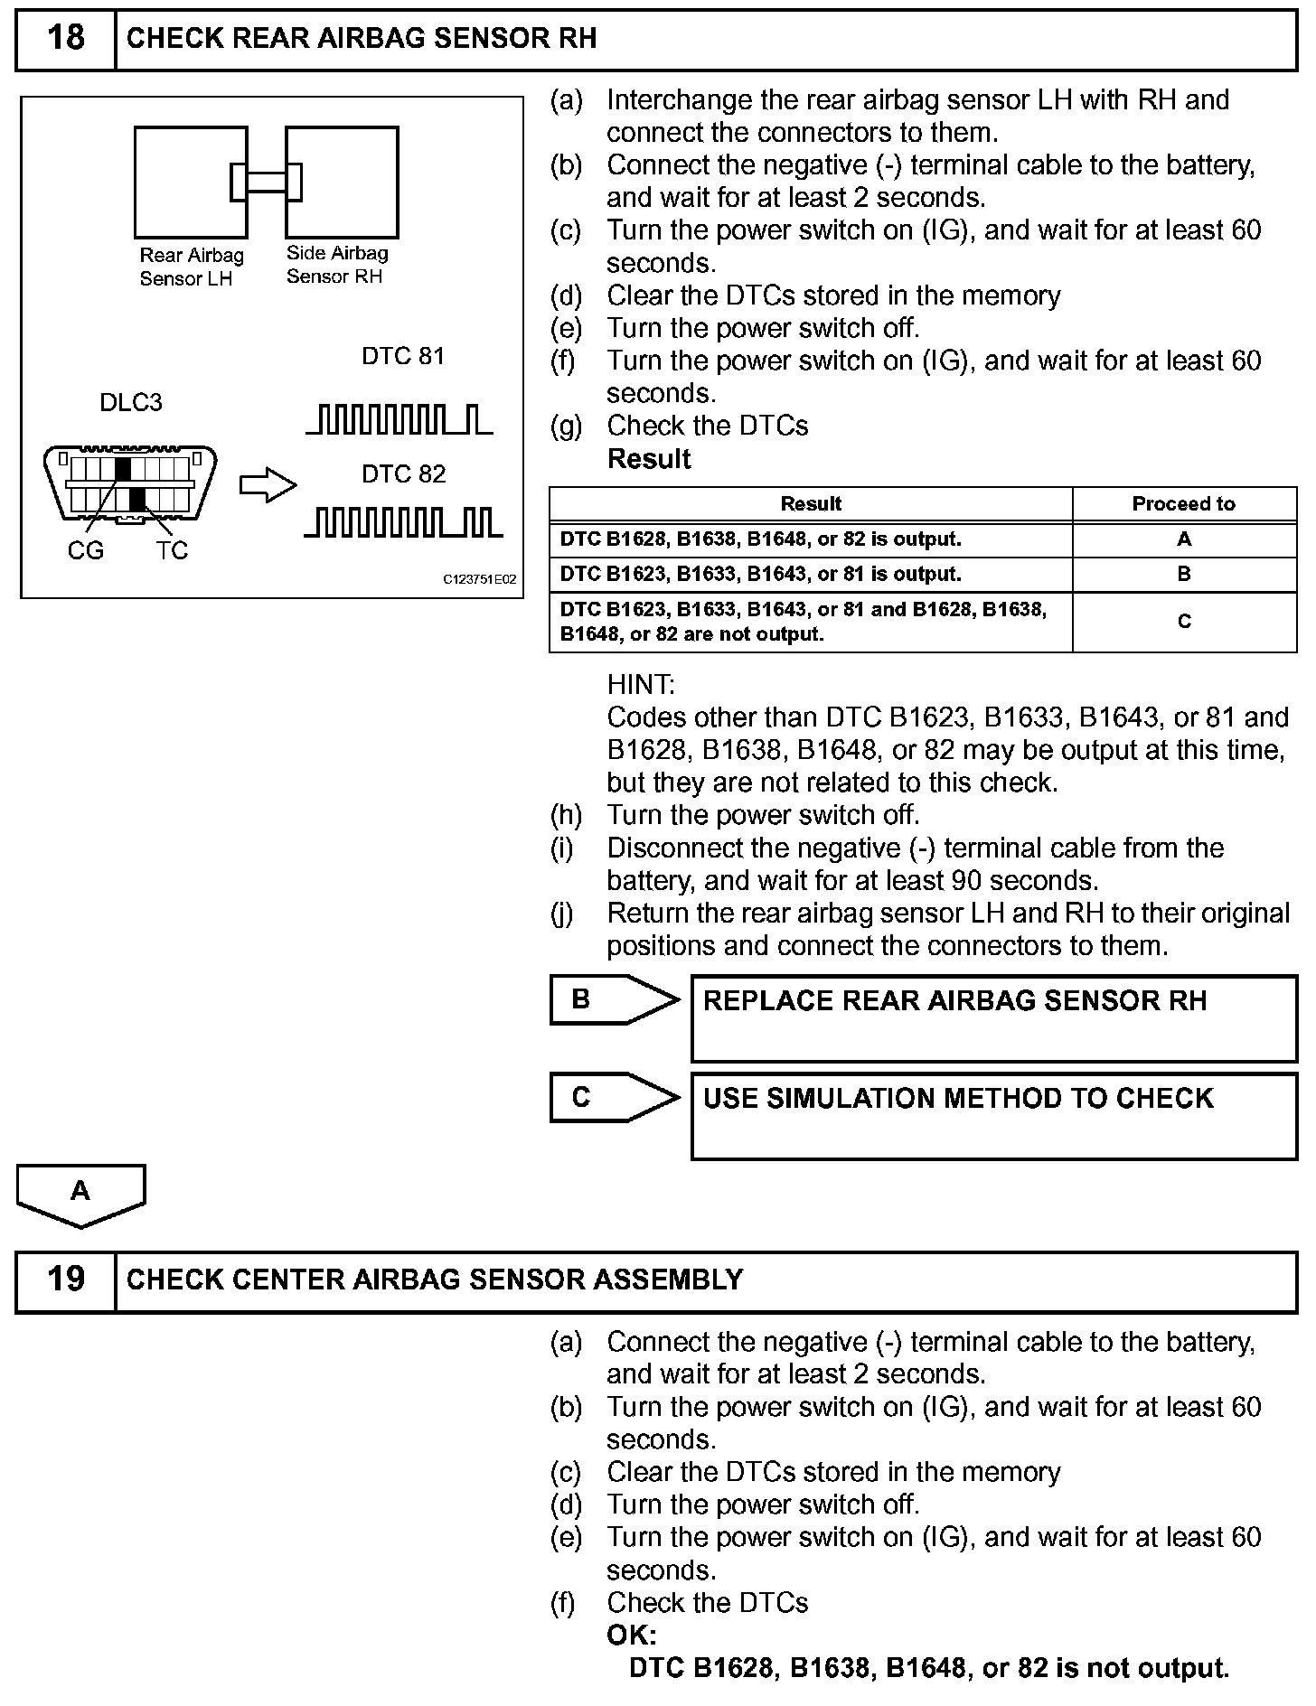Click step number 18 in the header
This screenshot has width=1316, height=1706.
pyautogui.click(x=65, y=38)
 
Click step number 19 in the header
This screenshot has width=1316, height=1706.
pyautogui.click(x=65, y=1279)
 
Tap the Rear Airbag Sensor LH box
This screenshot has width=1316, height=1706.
pyautogui.click(x=190, y=181)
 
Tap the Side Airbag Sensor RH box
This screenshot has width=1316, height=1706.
pyautogui.click(x=343, y=181)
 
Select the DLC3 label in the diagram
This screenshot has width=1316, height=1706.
pyautogui.click(x=131, y=402)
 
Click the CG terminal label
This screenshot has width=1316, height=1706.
pyautogui.click(x=86, y=550)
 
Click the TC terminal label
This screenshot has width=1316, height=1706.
pyautogui.click(x=172, y=550)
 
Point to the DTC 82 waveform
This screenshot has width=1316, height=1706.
pyautogui.click(x=403, y=522)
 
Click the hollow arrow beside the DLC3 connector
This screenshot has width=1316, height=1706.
pyautogui.click(x=268, y=485)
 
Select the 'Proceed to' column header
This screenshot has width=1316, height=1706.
pyautogui.click(x=1183, y=504)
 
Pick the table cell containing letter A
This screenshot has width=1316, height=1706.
pyautogui.click(x=1184, y=539)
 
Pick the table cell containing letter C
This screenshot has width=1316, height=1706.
pyautogui.click(x=1184, y=622)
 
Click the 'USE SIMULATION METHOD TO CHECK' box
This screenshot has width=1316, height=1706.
pyautogui.click(x=993, y=1115)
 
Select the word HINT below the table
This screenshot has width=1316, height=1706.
pyautogui.click(x=641, y=684)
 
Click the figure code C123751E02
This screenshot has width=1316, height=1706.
pyautogui.click(x=479, y=579)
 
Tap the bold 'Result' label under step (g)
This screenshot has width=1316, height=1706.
pyautogui.click(x=649, y=459)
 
